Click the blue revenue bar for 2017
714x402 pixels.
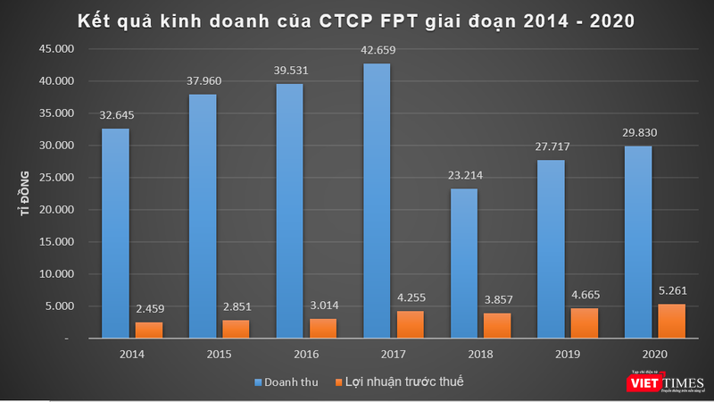[377, 201]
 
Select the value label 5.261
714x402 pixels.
[673, 289]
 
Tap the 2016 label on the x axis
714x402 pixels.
[307, 354]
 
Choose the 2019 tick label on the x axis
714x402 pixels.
[568, 354]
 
